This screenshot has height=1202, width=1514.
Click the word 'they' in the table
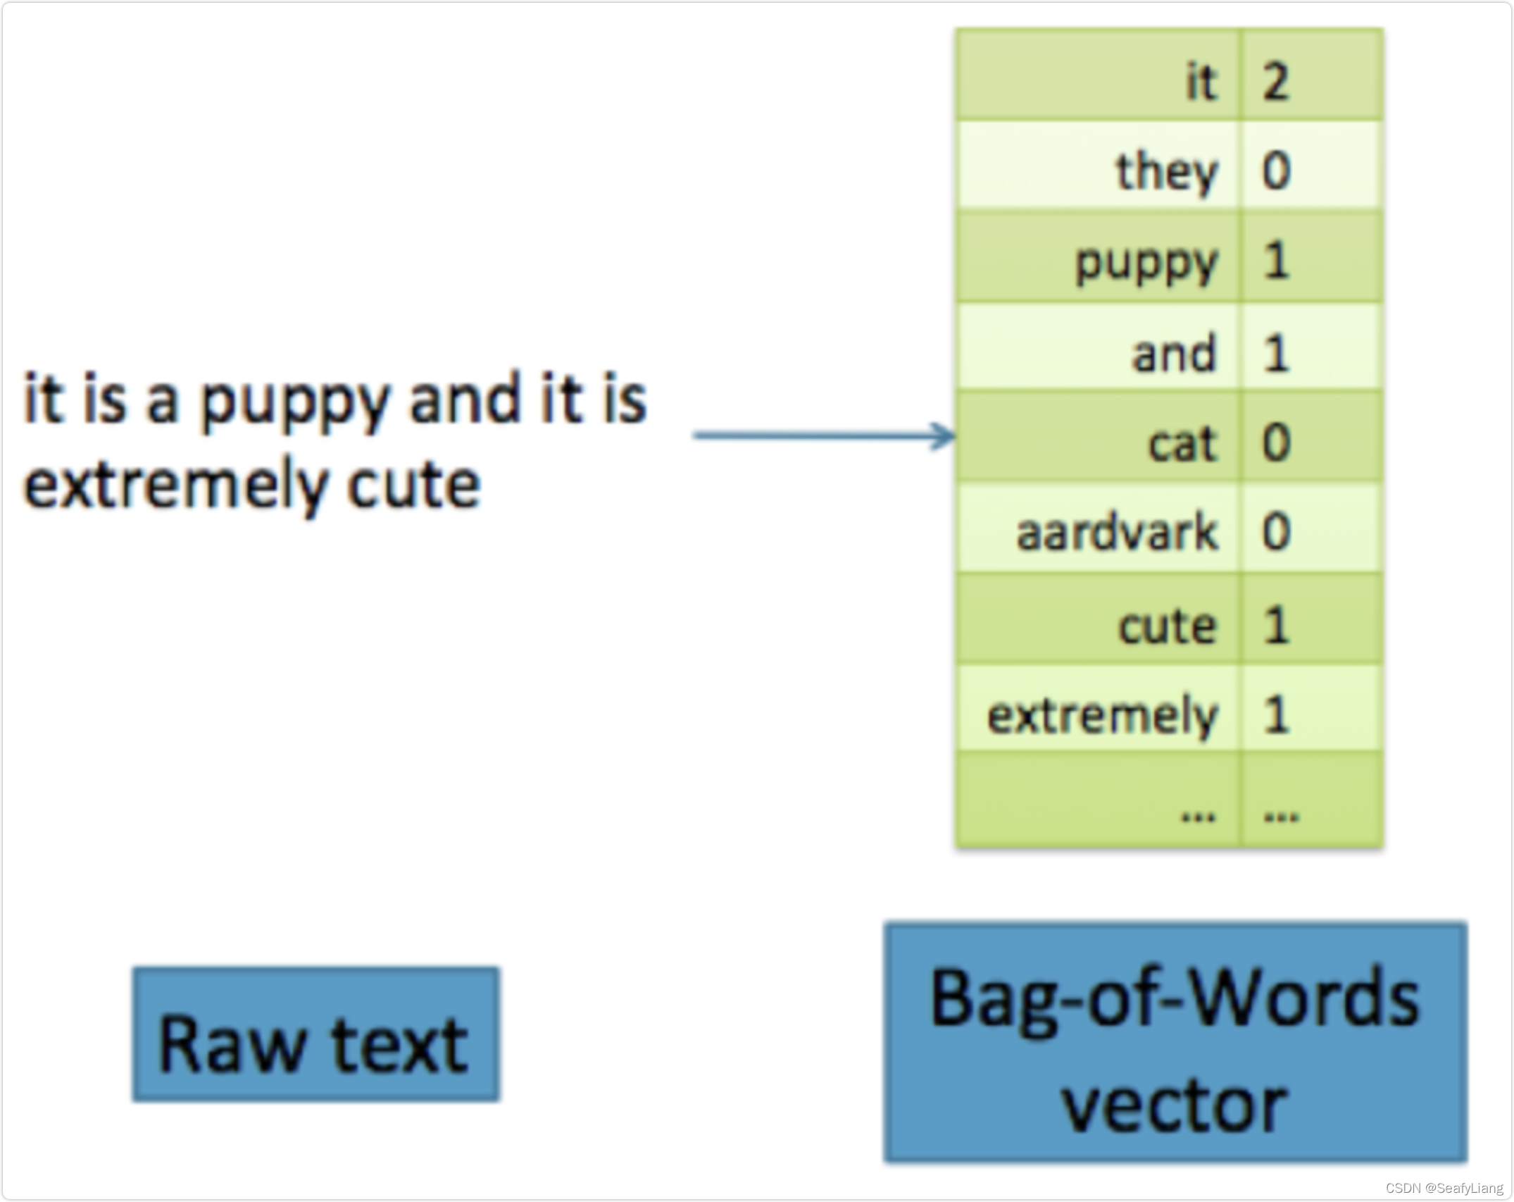coord(1166,171)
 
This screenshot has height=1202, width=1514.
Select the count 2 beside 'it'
coord(1275,82)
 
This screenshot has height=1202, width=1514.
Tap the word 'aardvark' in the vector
coord(1116,532)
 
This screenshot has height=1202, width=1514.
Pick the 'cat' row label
coord(1182,443)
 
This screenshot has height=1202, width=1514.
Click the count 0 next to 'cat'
coord(1275,442)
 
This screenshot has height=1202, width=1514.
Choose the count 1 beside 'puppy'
coord(1275,261)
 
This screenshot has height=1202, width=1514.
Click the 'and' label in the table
coord(1173,352)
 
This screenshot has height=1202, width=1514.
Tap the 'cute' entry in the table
coord(1168,625)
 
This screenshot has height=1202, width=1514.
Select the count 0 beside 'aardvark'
coord(1275,532)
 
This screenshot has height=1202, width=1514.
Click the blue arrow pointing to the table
coord(824,435)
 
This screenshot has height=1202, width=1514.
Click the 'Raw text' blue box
coord(315,1034)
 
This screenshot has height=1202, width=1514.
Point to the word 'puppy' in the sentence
coord(294,402)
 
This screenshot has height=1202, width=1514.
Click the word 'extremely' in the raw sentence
coord(175,486)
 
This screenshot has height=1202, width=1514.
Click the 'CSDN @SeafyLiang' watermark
coord(1444,1188)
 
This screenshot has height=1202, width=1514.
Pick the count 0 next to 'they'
coord(1275,171)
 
